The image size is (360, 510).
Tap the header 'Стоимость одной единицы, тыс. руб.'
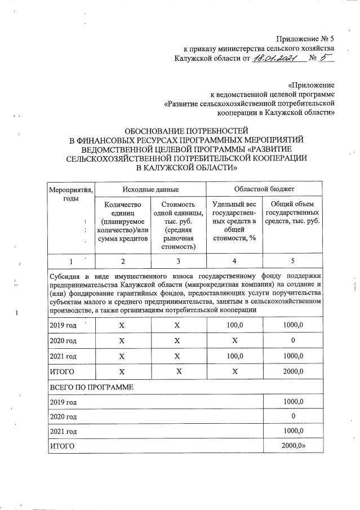(x=178, y=224)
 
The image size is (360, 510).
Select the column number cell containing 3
(x=178, y=261)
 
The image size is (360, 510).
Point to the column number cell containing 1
(x=70, y=261)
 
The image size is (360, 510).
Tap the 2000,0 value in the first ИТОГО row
(x=292, y=372)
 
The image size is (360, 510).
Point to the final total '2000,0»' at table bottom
(x=294, y=446)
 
